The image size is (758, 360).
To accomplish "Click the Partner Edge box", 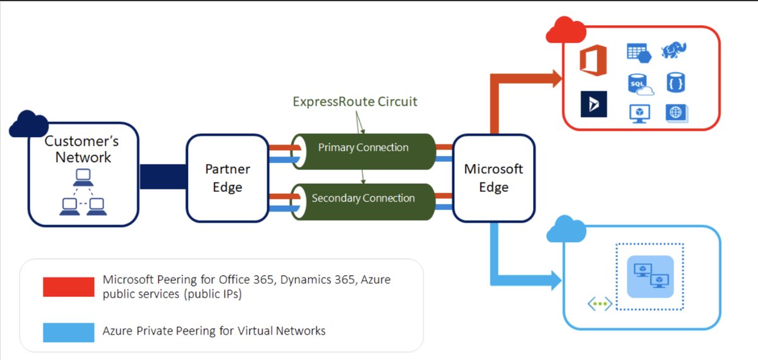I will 227,178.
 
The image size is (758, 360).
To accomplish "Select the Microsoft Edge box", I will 493,178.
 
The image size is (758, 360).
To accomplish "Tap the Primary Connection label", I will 363,148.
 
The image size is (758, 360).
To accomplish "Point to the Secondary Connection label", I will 363,198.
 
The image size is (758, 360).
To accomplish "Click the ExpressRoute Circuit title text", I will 355,101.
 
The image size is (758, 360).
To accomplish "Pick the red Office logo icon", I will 593,61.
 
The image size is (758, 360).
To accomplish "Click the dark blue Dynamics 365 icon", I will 594,104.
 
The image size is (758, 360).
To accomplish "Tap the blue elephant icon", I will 674,51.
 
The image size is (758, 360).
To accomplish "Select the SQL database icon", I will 639,83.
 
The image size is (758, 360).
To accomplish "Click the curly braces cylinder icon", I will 675,83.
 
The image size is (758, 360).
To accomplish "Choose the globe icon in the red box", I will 676,113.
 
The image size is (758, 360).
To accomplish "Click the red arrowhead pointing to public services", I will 556,79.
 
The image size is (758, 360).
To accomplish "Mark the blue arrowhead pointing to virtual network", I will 556,279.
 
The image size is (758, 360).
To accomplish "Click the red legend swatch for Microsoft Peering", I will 68,286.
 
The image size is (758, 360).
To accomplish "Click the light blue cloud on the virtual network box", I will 566,229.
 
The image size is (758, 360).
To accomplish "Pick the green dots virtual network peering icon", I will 600,304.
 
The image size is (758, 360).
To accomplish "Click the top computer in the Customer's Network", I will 83,177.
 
